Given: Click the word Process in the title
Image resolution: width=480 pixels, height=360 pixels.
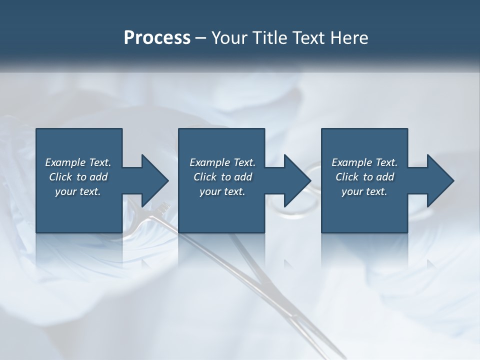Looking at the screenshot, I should pos(157,38).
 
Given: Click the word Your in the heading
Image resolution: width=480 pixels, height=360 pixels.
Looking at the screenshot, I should pos(229,38).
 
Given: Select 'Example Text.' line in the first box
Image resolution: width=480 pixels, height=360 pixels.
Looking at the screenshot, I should pos(78,162).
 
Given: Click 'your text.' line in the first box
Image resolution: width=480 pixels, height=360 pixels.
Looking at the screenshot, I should pos(78,191).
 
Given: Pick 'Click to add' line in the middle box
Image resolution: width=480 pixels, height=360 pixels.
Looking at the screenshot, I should pos(222,177).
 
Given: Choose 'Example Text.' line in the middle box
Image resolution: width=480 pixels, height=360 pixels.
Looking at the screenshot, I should pos(222,162).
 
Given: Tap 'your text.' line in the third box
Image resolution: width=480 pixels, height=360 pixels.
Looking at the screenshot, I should pos(364,191).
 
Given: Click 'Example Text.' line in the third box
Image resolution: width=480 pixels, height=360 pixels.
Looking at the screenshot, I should pos(364,162).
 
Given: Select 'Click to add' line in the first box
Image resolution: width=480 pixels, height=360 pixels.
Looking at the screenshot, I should pos(78,177).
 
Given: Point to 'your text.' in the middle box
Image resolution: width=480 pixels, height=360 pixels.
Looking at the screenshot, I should pos(222,191).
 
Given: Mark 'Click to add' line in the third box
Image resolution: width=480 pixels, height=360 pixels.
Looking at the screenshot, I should pos(364,177).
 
